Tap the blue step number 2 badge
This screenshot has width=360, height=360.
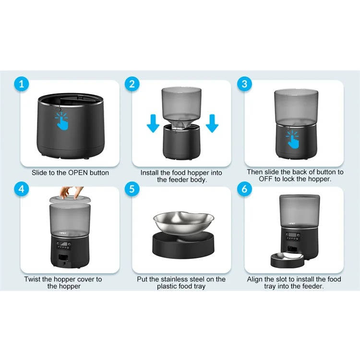[x=133, y=84]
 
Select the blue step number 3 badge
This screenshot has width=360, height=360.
[x=245, y=84]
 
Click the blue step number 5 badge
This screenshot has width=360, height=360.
[x=133, y=189]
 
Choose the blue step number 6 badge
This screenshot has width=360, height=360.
[x=245, y=189]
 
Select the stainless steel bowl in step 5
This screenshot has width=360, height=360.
[x=183, y=221]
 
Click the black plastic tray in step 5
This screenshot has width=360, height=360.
[x=183, y=245]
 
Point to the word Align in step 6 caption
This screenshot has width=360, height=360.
[x=256, y=279]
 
